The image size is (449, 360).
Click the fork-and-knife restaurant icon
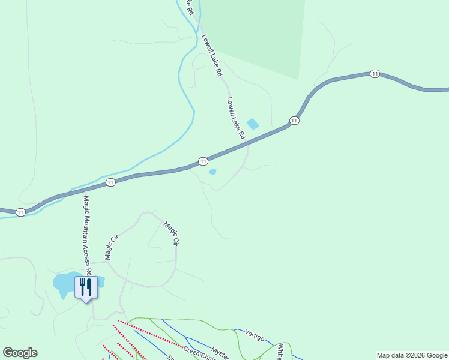85,287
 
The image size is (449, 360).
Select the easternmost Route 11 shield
375,74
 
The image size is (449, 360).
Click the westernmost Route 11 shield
21,212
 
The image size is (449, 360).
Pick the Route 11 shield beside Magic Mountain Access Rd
110,182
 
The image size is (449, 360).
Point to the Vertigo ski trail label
255,337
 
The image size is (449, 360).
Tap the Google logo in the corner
20,353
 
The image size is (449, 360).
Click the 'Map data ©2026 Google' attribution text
412,355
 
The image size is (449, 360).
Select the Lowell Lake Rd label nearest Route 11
237,118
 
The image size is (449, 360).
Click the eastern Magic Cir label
172,233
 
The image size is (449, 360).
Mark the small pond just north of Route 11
253,124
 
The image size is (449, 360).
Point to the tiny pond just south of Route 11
212,172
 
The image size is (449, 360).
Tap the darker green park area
258,36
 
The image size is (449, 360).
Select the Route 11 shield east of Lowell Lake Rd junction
294,121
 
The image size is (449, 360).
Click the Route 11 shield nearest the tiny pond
203,161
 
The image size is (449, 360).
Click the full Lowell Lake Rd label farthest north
212,55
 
